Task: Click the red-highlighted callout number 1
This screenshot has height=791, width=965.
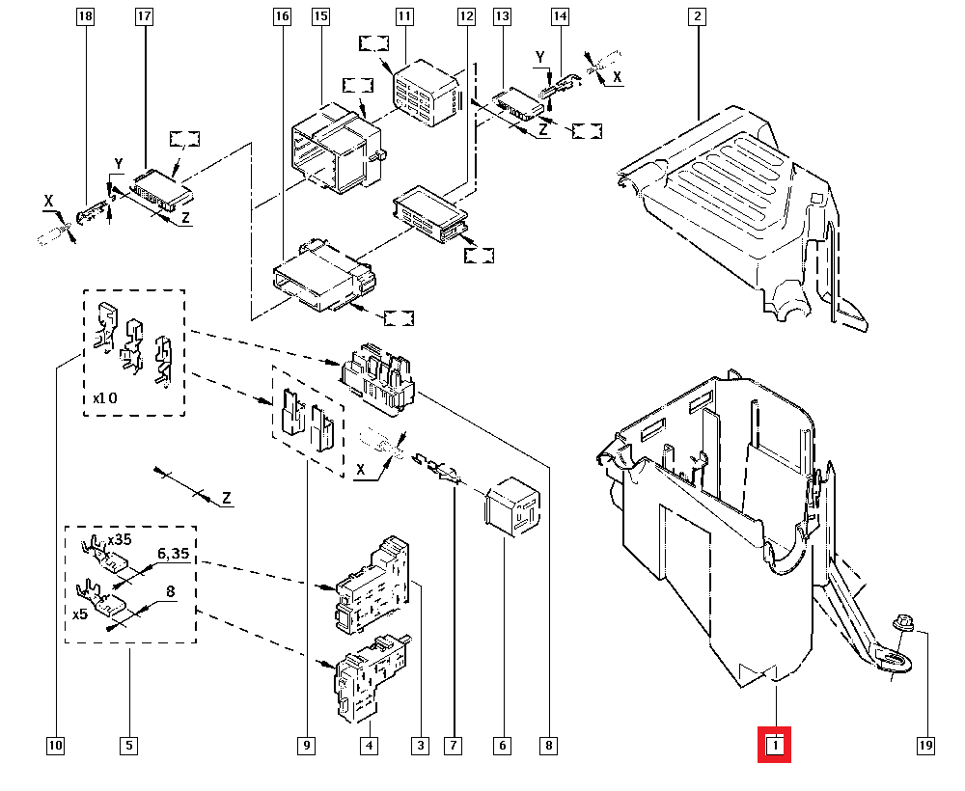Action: click(775, 745)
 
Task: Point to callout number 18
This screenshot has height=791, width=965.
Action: click(86, 16)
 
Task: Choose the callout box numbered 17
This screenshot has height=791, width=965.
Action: click(144, 16)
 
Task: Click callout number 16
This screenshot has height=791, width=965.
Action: click(281, 16)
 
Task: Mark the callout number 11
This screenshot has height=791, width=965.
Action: click(403, 16)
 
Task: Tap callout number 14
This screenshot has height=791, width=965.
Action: click(561, 16)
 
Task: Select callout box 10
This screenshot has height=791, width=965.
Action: click(55, 745)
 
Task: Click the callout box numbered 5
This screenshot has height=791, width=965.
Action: click(128, 745)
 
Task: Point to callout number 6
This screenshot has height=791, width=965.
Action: click(502, 745)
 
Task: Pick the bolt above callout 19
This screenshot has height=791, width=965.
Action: click(905, 625)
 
